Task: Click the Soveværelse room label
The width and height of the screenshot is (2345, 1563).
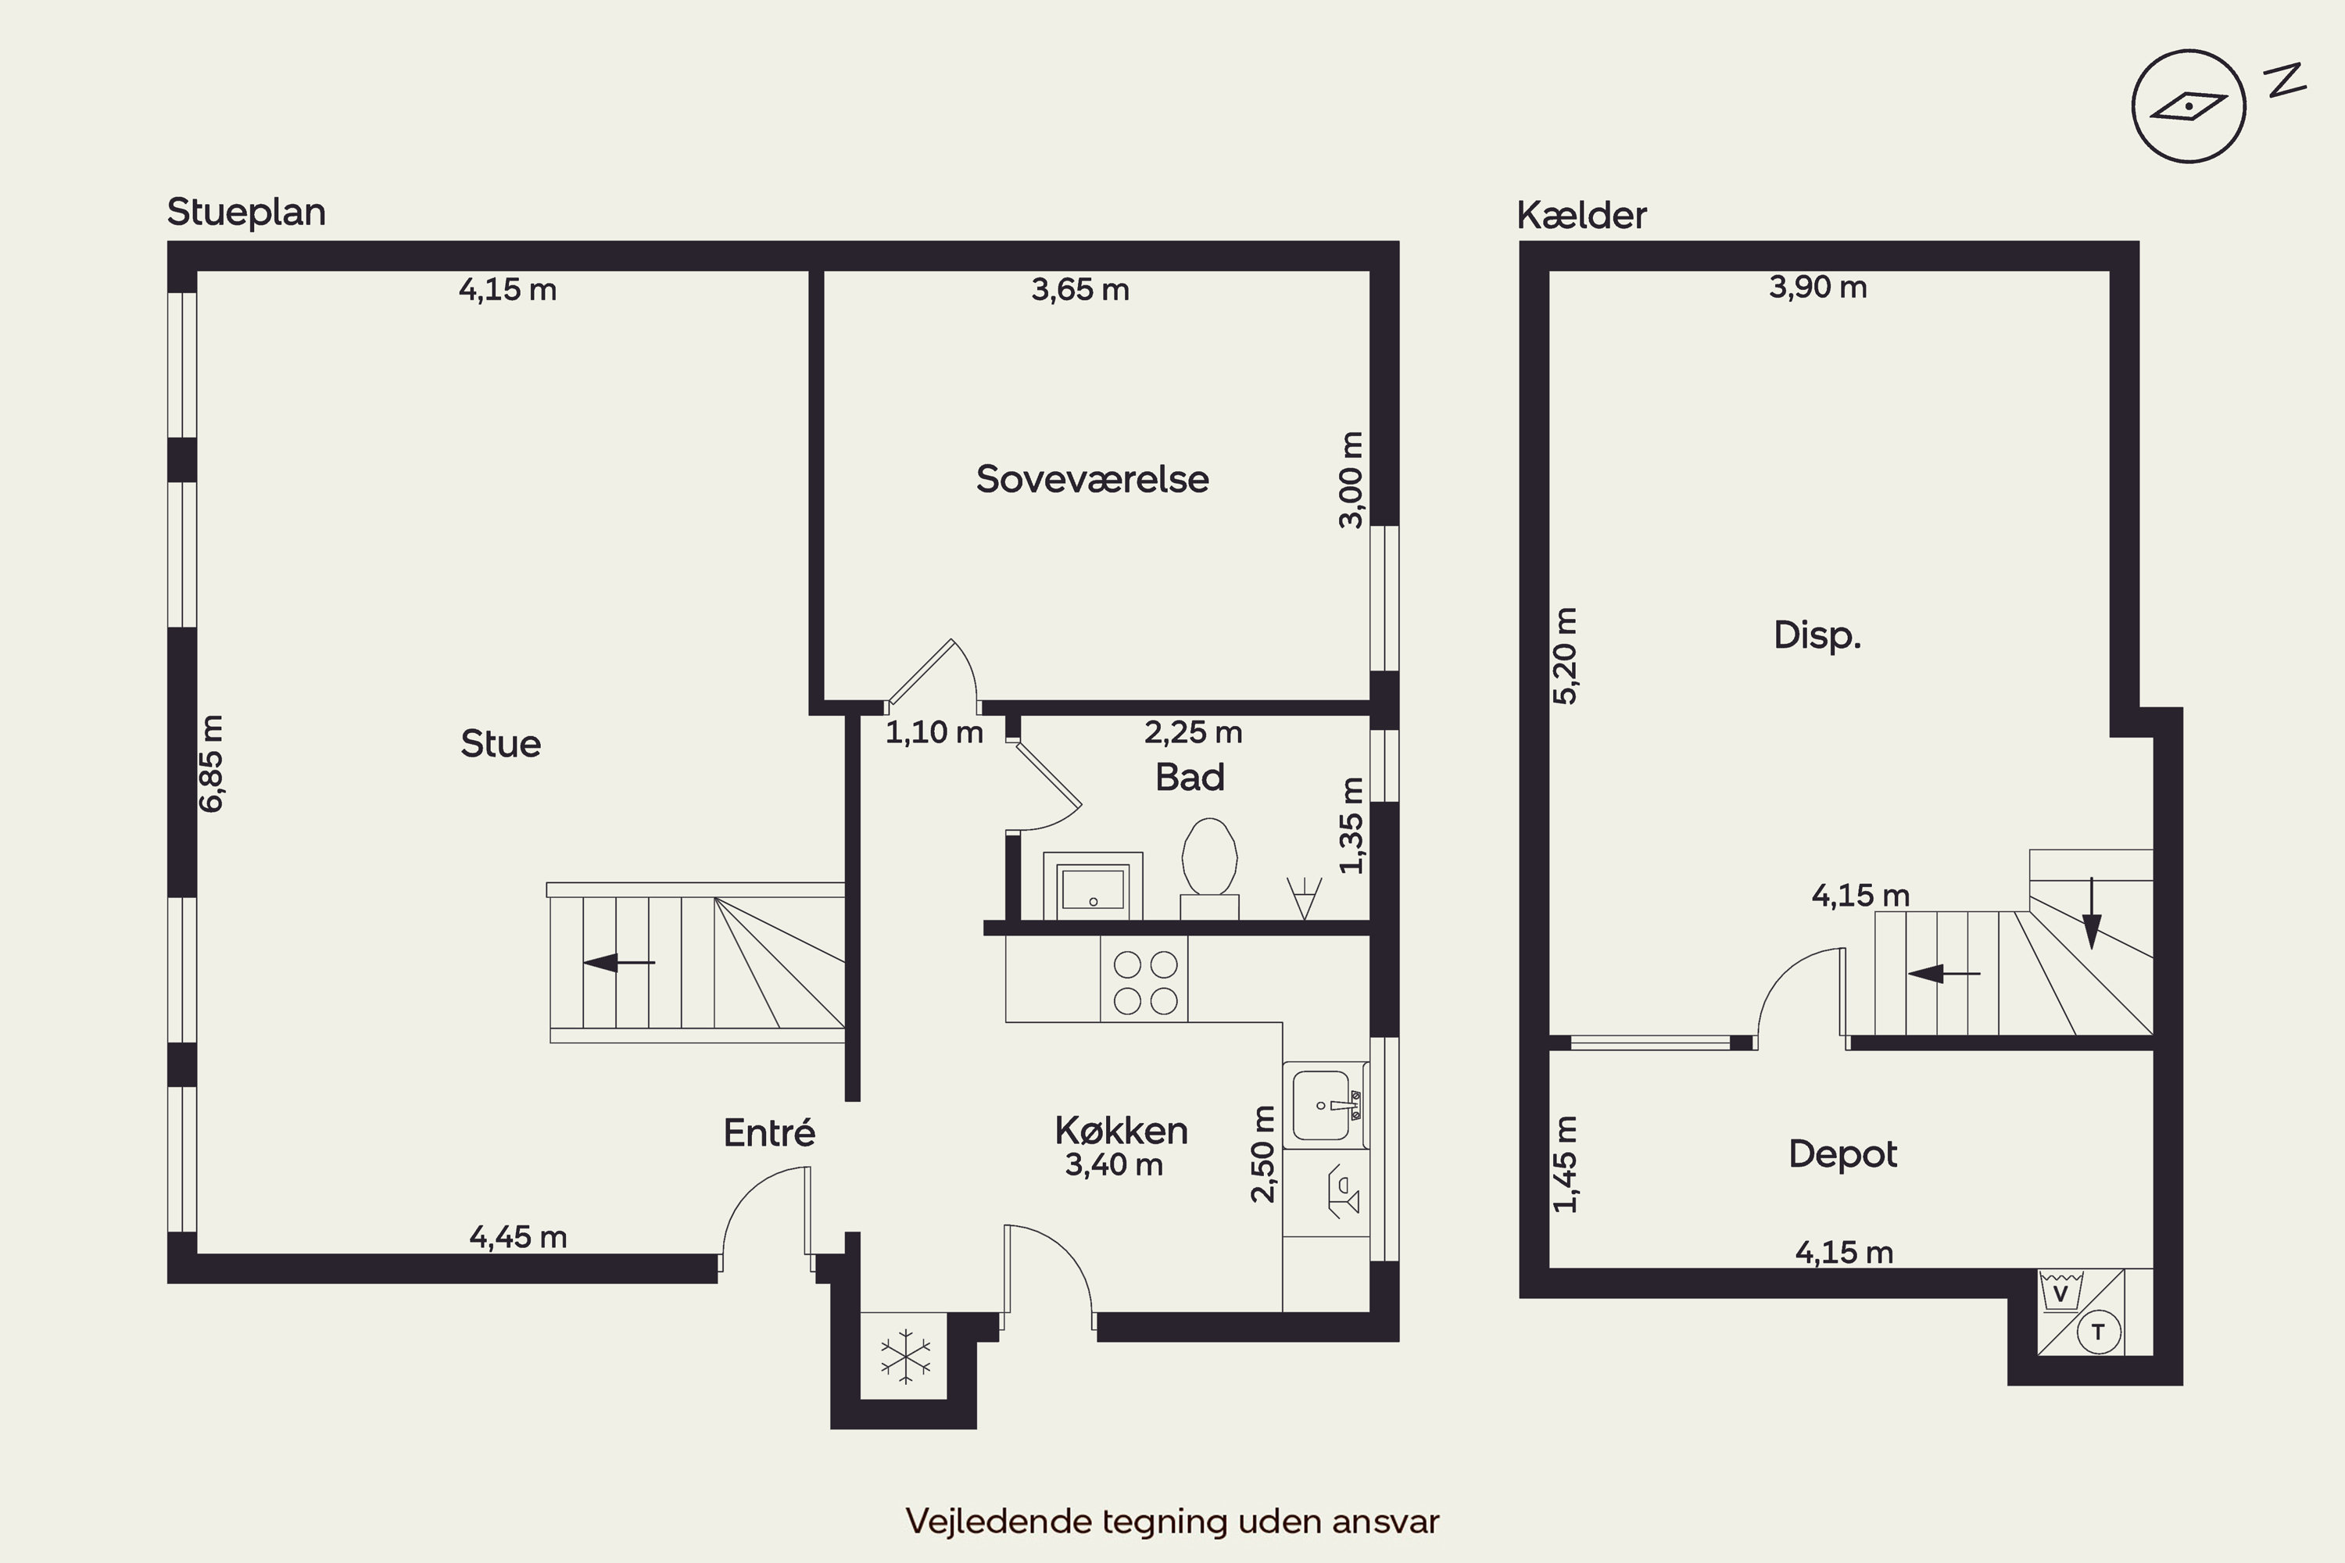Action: pyautogui.click(x=1092, y=480)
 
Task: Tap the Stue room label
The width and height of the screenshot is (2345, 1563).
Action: pyautogui.click(x=500, y=744)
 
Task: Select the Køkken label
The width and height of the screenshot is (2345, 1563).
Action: pyautogui.click(x=1121, y=1130)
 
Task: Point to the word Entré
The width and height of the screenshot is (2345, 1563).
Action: pyautogui.click(x=768, y=1132)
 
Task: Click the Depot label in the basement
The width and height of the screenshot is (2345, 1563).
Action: pyautogui.click(x=1842, y=1154)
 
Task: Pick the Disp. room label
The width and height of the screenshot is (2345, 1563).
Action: pyautogui.click(x=1817, y=635)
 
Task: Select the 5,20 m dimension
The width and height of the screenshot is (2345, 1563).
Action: pyautogui.click(x=1566, y=656)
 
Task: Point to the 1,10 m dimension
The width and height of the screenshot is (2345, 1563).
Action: pyautogui.click(x=934, y=733)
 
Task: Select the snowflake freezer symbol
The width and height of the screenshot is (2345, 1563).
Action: pyautogui.click(x=905, y=1356)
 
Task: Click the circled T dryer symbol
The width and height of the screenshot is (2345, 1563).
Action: pyautogui.click(x=2098, y=1332)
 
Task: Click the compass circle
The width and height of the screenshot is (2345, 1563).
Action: pyautogui.click(x=2189, y=106)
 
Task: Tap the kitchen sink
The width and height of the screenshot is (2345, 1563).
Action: pyautogui.click(x=1325, y=1104)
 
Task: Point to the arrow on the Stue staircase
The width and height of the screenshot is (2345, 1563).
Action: pyautogui.click(x=618, y=963)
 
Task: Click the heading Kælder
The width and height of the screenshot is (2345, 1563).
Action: pyautogui.click(x=1581, y=216)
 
